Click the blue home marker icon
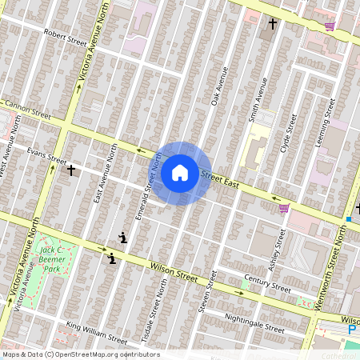pyautogui.click(x=180, y=172)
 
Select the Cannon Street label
pyautogui.click(x=29, y=110)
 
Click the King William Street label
pyautogui.click(x=96, y=330)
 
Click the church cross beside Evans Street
pyautogui.click(x=71, y=170)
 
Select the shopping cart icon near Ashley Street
pyautogui.click(x=283, y=209)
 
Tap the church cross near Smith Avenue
pyautogui.click(x=272, y=24)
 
